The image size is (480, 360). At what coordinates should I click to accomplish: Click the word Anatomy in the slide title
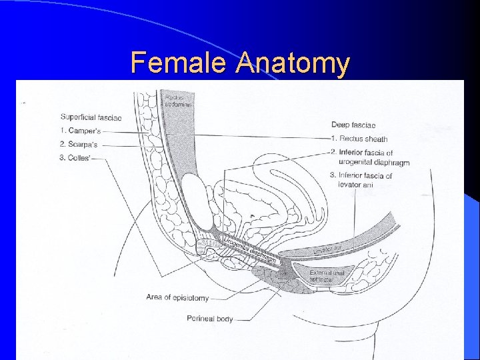tap(292, 63)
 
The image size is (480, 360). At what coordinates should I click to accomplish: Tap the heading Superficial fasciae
tap(91, 117)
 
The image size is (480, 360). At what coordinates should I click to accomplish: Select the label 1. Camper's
tap(80, 131)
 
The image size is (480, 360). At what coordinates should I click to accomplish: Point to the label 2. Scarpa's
tap(81, 144)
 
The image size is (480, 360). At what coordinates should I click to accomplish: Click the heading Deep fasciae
tap(353, 125)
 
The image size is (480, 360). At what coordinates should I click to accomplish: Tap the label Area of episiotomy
tap(177, 297)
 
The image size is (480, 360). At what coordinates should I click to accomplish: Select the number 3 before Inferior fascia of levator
tap(333, 175)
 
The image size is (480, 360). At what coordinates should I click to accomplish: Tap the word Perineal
tap(201, 319)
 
